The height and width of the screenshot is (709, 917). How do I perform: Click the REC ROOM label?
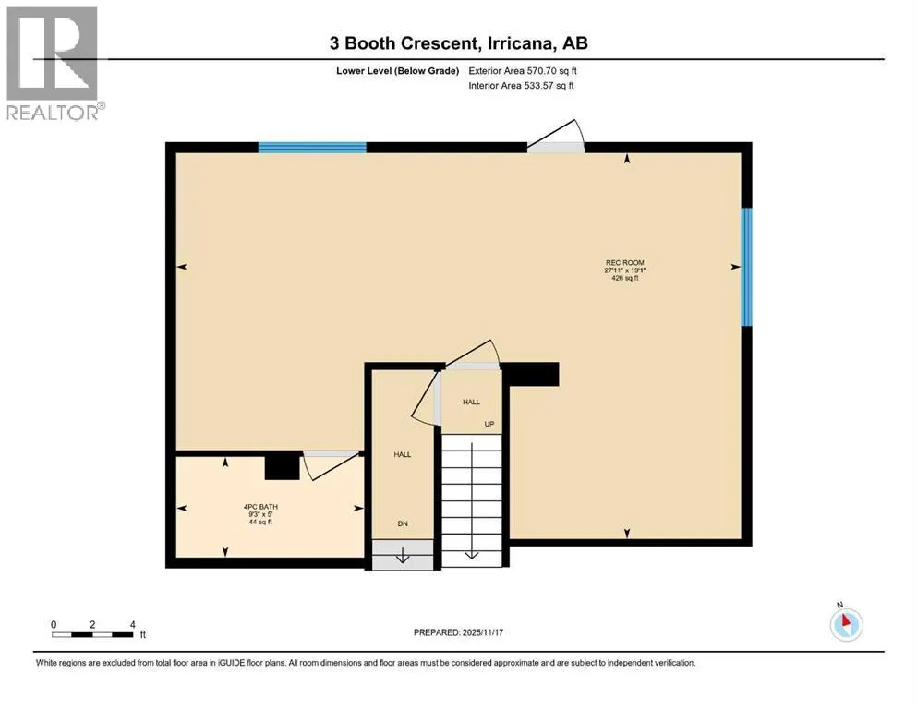pos(624,262)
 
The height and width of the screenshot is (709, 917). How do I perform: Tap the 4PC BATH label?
pos(260,507)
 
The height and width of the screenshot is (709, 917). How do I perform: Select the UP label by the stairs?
pos(489,424)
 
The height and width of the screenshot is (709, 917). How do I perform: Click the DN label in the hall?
pos(403,523)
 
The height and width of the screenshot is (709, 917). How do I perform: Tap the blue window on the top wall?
pos(312,148)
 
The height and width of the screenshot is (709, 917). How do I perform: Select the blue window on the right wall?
pos(747,267)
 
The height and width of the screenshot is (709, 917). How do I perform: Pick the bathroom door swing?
pos(331,466)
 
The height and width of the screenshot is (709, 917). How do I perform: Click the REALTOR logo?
pos(54,63)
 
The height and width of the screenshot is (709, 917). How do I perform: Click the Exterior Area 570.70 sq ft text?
pos(523,71)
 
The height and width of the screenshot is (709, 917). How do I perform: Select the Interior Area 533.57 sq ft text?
pos(521,85)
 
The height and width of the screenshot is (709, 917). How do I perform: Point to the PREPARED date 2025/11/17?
pos(458,632)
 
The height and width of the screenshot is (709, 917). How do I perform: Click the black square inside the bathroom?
pos(283,467)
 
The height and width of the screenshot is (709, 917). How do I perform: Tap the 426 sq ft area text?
pos(624,278)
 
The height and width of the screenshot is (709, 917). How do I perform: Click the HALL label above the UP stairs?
pos(471,402)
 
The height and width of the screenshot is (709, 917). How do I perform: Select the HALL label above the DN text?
pos(403,454)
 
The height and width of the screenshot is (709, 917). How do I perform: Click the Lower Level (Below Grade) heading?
pos(398,71)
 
